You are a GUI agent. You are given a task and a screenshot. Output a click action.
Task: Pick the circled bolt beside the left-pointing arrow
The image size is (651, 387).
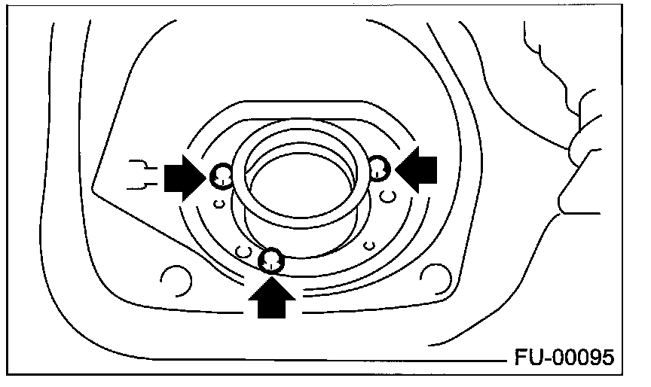[x=378, y=168]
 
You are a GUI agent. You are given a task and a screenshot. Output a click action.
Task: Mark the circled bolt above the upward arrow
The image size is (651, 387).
[x=271, y=261]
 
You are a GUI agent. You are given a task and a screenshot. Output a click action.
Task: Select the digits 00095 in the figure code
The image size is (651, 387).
[x=587, y=355]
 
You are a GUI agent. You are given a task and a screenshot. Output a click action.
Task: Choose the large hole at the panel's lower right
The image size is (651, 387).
[x=435, y=276]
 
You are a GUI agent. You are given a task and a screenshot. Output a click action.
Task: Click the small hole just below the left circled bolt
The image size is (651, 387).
[x=218, y=203]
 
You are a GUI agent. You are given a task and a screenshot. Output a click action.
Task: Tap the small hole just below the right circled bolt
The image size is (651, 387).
[x=387, y=197]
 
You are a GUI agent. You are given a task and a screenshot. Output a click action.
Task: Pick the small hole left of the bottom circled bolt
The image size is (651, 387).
[x=243, y=249]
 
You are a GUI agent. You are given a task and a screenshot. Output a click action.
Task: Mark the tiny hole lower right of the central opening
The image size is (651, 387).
[x=368, y=243]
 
